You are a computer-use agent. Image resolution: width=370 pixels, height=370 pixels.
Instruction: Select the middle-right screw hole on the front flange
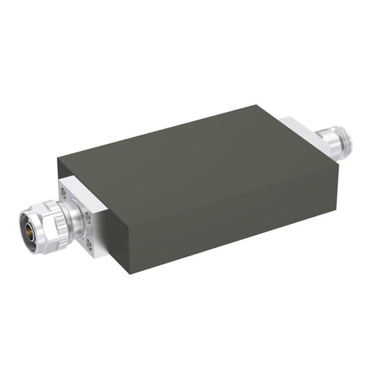(x=88, y=217)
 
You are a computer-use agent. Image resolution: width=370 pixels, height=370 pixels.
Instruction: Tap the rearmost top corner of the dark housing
(x=257, y=105)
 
